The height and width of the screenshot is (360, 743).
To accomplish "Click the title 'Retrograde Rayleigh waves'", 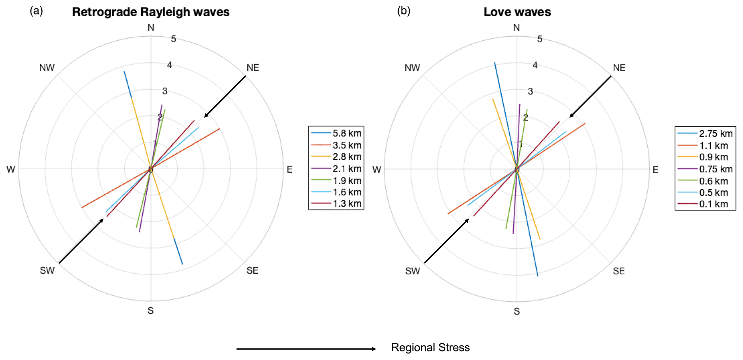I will click(151, 12).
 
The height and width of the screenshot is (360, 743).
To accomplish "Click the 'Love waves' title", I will click(517, 12).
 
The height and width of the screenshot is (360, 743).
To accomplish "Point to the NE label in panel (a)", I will click(253, 68).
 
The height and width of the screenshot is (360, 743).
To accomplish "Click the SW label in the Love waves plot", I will click(412, 271).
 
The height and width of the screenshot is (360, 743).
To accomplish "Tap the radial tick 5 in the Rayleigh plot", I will click(174, 39).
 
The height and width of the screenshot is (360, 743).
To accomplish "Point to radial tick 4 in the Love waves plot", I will click(535, 65).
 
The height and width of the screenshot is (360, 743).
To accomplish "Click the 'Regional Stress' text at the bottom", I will click(430, 348).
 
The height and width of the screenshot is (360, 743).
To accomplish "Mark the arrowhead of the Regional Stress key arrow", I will click(374, 349).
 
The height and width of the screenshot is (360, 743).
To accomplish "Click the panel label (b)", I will click(403, 11).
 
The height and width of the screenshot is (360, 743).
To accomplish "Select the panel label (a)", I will click(36, 11).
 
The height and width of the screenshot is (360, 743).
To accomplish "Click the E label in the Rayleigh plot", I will click(289, 170).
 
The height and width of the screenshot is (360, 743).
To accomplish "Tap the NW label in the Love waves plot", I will click(412, 68).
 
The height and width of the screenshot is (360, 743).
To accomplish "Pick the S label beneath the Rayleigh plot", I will click(151, 311).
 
